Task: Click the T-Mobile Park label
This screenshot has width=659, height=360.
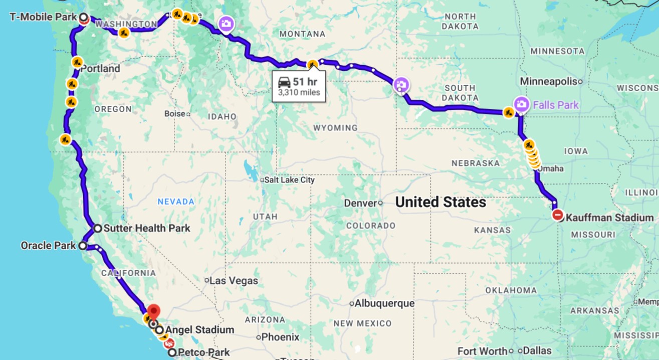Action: click(x=43, y=17)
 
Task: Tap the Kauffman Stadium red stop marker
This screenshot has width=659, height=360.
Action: click(x=558, y=216)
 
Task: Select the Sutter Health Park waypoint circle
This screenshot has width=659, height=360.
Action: click(x=98, y=228)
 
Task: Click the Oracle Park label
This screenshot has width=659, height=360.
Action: click(x=48, y=246)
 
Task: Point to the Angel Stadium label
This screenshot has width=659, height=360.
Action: click(x=199, y=330)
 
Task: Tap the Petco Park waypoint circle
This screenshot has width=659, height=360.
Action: click(x=172, y=352)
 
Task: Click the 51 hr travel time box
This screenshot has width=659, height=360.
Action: click(x=299, y=86)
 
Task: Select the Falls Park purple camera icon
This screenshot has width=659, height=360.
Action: click(x=521, y=104)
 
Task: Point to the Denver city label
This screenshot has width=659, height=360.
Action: click(x=360, y=203)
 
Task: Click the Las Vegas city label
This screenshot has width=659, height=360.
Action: click(x=234, y=280)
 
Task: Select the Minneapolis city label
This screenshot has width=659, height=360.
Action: click(x=548, y=81)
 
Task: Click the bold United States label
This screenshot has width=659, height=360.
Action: click(x=441, y=202)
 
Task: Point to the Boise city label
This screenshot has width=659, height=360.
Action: click(x=174, y=114)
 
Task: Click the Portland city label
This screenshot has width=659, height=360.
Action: click(x=100, y=69)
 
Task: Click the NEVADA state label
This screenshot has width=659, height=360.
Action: click(x=176, y=202)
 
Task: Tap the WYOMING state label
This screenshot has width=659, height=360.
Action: click(x=335, y=128)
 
